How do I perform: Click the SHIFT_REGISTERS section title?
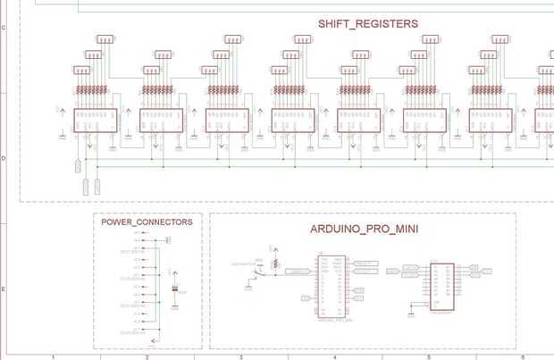click(x=367, y=24)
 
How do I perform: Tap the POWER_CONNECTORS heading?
click(x=147, y=222)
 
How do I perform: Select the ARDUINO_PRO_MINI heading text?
click(x=365, y=229)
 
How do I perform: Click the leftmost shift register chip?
click(x=95, y=121)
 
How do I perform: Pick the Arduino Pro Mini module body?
click(x=330, y=287)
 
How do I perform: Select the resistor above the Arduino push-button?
click(x=276, y=264)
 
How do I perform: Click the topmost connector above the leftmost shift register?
click(x=106, y=39)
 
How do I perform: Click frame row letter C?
click(x=4, y=28)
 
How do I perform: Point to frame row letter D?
click(x=4, y=158)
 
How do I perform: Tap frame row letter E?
click(x=4, y=289)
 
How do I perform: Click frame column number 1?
click(x=55, y=356)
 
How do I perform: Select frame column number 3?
click(x=241, y=356)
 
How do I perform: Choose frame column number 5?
click(x=428, y=356)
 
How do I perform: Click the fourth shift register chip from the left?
click(x=292, y=121)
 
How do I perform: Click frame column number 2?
click(x=147, y=356)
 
